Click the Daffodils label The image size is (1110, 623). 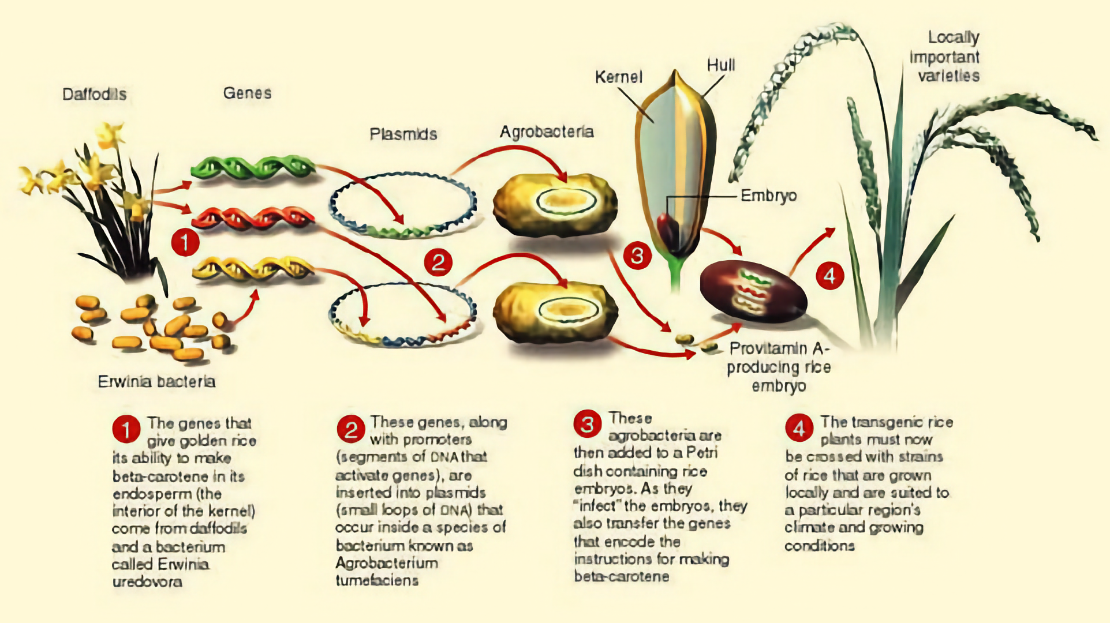pyautogui.click(x=94, y=94)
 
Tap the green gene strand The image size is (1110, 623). pyautogui.click(x=253, y=167)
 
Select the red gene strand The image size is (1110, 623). pyautogui.click(x=253, y=218)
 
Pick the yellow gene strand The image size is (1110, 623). pyautogui.click(x=253, y=268)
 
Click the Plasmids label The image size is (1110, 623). pyautogui.click(x=403, y=134)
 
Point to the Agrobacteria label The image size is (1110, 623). pyautogui.click(x=546, y=132)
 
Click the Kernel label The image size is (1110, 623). pyautogui.click(x=618, y=77)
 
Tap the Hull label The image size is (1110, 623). pyautogui.click(x=721, y=65)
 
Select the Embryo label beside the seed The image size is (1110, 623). pyautogui.click(x=768, y=196)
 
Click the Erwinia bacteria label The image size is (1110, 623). pyautogui.click(x=156, y=381)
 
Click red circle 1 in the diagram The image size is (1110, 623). pyautogui.click(x=185, y=242)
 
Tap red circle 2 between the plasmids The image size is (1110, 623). pyautogui.click(x=438, y=262)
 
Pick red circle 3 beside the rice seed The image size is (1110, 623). pyautogui.click(x=637, y=255)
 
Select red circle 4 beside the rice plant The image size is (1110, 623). pyautogui.click(x=829, y=276)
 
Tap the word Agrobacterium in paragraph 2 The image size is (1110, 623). pyautogui.click(x=386, y=563)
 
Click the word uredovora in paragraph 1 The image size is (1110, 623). pyautogui.click(x=147, y=581)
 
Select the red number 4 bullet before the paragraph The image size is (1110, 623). pyautogui.click(x=799, y=429)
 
